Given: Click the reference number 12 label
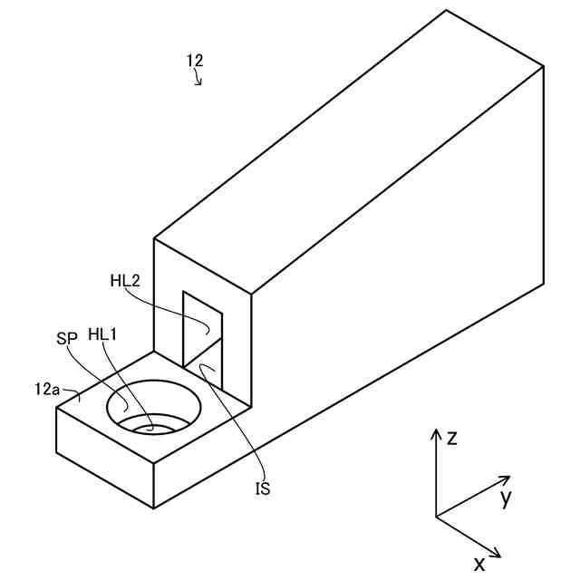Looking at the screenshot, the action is [x=195, y=61].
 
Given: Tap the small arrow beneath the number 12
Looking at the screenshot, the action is [x=198, y=80].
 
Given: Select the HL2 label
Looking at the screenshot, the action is [x=125, y=281].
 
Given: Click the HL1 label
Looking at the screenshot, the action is [x=103, y=334].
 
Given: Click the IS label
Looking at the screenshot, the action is [x=263, y=489].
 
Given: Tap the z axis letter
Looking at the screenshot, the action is [x=451, y=439].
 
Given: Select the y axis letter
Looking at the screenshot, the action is [x=506, y=497].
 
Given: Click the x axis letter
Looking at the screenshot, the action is [x=478, y=564].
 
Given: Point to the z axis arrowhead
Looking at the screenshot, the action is [x=436, y=431].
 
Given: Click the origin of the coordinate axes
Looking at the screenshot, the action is [x=436, y=517].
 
